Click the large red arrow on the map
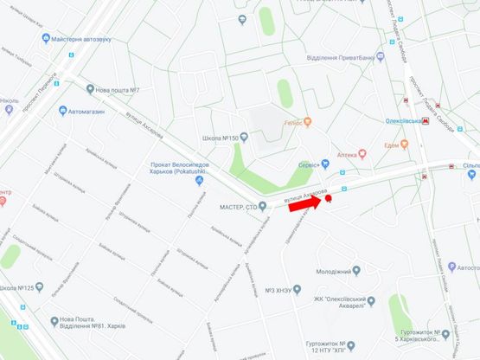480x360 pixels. pyautogui.click(x=304, y=204)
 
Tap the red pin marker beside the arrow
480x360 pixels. pyautogui.click(x=328, y=200)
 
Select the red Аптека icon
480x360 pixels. pyautogui.click(x=362, y=153)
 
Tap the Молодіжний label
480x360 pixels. pyautogui.click(x=334, y=271)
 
